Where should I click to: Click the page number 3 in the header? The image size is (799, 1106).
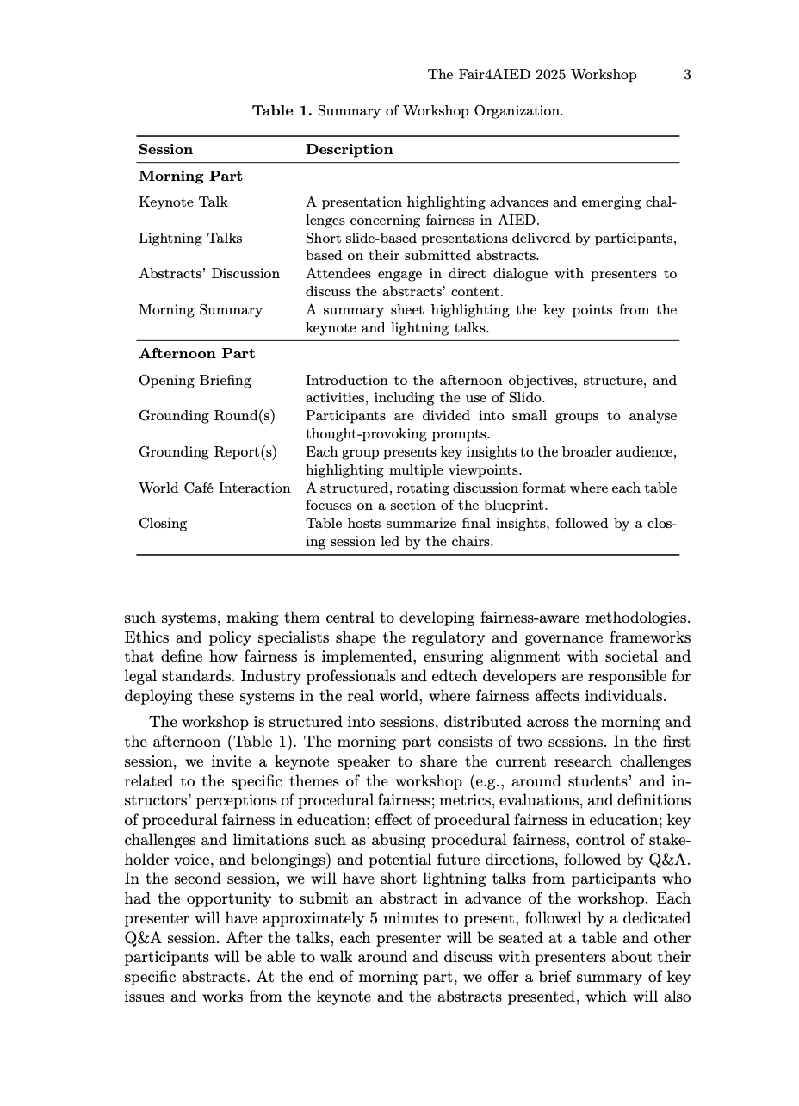pos(687,75)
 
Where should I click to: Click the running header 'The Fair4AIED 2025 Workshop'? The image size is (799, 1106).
pos(532,75)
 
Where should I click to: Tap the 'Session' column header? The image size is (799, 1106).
pos(165,150)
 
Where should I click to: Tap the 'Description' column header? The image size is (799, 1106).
pos(349,150)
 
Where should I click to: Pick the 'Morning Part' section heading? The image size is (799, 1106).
pos(190,177)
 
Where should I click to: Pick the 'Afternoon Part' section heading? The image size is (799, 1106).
pos(196,354)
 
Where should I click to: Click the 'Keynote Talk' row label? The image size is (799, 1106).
pos(183,202)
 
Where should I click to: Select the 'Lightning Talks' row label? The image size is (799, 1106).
pos(190,239)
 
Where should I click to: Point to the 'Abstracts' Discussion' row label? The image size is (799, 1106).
pos(209,274)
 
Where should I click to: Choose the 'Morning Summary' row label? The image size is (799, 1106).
pos(200,310)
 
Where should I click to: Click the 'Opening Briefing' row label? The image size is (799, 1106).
pos(195,381)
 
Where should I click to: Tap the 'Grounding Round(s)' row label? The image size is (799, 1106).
pos(207,416)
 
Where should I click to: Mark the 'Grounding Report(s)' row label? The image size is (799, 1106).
pos(207,452)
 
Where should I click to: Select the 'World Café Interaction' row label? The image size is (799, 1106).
pos(214,488)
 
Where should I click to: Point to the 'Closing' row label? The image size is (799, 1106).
pos(162,524)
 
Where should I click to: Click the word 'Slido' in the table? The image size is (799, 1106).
pos(525,398)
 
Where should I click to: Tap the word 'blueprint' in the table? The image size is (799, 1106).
pos(513,506)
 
